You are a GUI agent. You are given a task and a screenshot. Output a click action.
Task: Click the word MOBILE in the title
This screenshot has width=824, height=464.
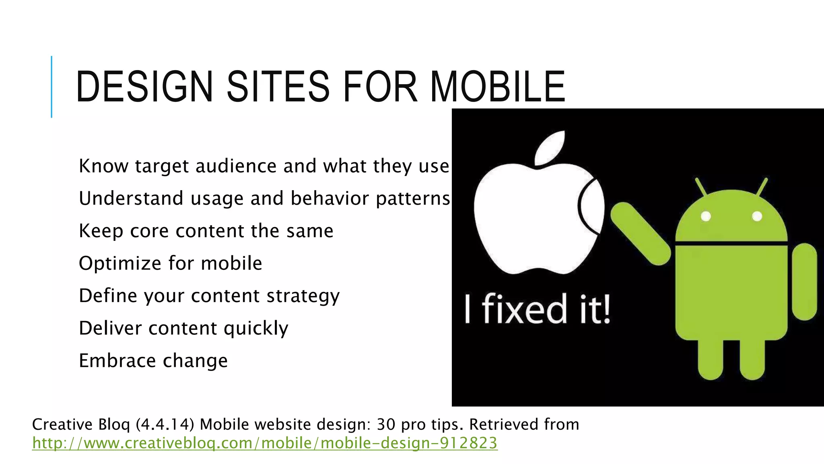498,87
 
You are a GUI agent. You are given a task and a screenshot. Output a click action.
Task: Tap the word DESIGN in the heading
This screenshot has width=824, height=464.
144,87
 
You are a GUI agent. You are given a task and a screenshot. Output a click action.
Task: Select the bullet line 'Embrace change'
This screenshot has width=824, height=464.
153,360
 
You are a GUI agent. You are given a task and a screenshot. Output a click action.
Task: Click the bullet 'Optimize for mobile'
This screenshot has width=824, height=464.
171,263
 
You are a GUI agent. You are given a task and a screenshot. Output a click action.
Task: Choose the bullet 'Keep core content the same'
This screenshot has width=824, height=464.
206,231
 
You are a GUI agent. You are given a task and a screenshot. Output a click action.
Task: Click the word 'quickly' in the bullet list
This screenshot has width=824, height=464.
256,329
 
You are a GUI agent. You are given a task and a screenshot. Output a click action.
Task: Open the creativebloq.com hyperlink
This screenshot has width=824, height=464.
265,443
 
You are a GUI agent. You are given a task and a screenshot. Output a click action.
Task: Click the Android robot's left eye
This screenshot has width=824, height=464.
706,216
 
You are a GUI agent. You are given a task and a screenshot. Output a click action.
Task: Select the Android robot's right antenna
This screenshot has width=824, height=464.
762,187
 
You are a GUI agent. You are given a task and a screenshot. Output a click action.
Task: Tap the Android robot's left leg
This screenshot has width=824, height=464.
711,358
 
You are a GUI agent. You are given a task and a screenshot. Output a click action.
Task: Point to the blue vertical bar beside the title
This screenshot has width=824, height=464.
51,87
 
